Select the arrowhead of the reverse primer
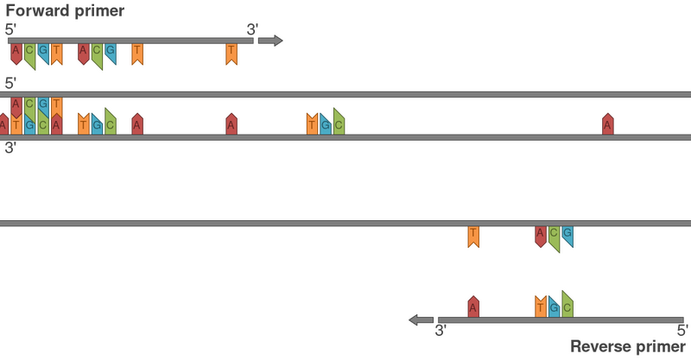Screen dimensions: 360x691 (416, 320)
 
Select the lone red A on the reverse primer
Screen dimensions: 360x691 (473, 305)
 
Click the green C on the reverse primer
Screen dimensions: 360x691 (567, 305)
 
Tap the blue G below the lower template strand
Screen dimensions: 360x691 (567, 236)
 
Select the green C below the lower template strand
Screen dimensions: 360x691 (554, 237)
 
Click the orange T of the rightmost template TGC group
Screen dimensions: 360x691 (312, 123)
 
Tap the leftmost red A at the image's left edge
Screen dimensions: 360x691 (3, 124)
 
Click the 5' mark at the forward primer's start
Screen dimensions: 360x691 (10, 28)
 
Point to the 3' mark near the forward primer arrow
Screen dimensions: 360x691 (250, 28)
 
